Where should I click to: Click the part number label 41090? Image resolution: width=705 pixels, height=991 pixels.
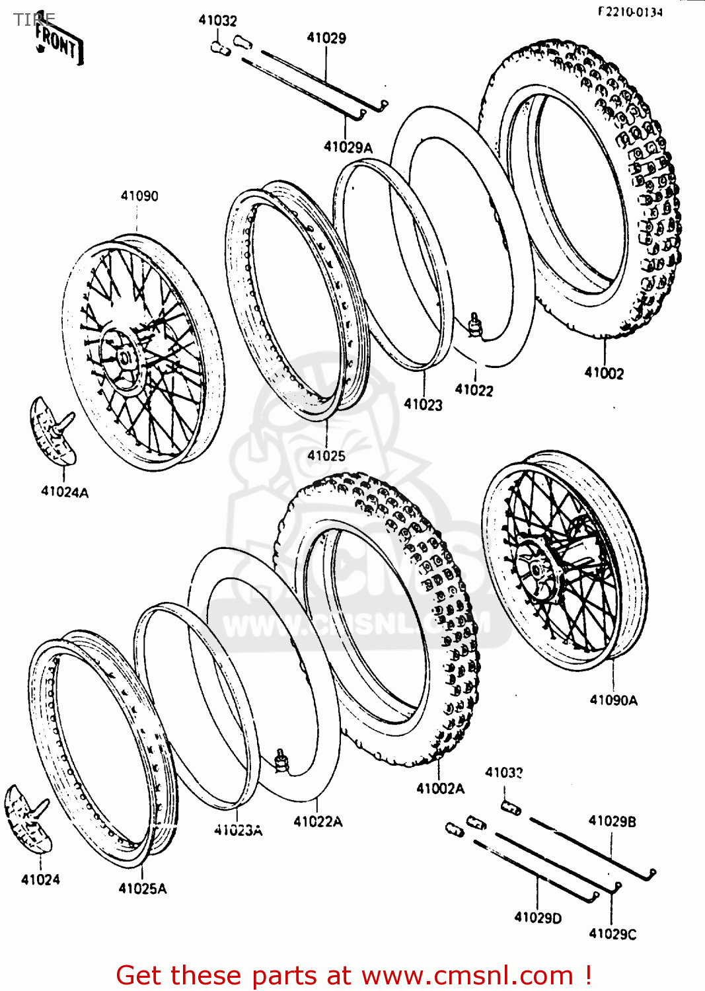[139, 196]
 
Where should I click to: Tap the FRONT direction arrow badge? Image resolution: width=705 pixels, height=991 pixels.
[59, 44]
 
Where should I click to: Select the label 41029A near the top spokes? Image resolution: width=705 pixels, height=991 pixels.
[348, 147]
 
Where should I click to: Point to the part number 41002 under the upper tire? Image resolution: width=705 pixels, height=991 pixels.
[604, 373]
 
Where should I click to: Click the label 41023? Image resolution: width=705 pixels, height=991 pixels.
[423, 404]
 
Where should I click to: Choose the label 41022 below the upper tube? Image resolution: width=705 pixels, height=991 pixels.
[474, 390]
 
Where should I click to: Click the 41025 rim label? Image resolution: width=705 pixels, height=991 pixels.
[326, 455]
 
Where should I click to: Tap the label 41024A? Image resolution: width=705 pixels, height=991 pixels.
[65, 492]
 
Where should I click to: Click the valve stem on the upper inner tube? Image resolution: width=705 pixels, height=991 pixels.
[474, 323]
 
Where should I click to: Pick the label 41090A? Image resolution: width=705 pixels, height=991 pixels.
[613, 700]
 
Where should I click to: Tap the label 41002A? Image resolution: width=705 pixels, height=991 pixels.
[440, 788]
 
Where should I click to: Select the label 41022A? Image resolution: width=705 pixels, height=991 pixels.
[318, 821]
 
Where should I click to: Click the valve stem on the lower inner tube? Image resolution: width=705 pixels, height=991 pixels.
[281, 759]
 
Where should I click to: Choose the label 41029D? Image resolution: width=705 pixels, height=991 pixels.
[538, 917]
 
